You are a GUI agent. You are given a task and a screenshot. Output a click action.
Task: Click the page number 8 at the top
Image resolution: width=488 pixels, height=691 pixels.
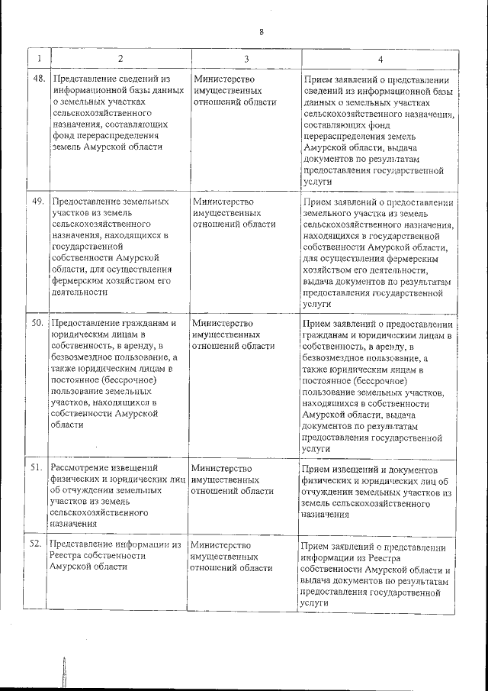261,32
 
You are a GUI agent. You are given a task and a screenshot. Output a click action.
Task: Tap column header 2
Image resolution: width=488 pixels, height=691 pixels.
120,59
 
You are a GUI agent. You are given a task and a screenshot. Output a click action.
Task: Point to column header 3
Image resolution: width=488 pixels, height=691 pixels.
246,59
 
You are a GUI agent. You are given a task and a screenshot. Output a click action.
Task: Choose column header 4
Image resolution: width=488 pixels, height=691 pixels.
380,59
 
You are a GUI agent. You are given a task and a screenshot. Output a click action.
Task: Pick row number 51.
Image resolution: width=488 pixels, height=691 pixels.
36,468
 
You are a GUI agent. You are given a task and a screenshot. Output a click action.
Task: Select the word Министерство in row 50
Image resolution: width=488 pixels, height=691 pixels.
222,324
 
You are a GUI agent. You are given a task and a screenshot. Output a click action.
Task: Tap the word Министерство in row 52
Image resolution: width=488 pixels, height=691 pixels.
220,545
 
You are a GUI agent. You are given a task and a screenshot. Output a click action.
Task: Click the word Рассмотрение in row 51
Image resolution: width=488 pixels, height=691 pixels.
82,468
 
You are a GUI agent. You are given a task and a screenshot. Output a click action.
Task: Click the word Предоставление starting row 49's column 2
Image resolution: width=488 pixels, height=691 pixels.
88,202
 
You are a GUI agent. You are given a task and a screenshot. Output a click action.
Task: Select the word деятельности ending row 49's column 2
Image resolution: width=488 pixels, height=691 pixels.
79,292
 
